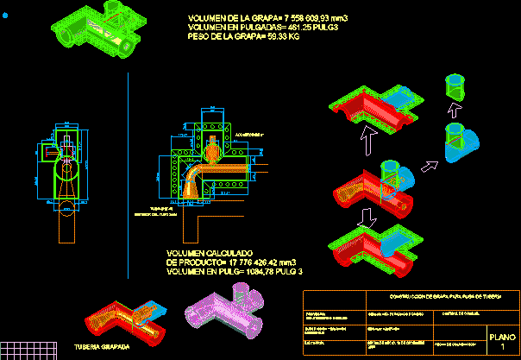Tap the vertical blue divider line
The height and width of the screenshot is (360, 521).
(128, 173)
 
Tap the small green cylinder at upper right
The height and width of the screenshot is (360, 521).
(454, 86)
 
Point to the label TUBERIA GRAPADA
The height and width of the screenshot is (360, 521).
(103, 347)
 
